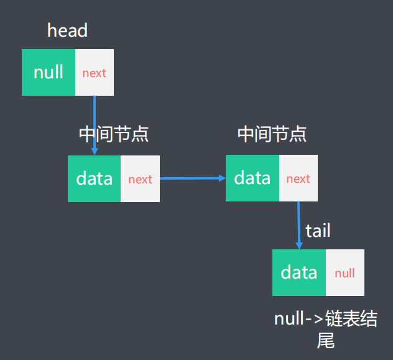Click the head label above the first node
[67, 31]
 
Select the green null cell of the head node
[49, 72]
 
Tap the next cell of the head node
[95, 73]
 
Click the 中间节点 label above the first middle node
[114, 134]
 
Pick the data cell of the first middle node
[94, 179]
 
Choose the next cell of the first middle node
[140, 179]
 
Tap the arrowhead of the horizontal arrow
[222, 178]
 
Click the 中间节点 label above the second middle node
[272, 134]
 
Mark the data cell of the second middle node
[252, 178]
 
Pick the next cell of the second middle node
[298, 178]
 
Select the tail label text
[318, 231]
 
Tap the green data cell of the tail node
[299, 272]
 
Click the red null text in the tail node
[345, 273]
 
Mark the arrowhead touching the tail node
[300, 246]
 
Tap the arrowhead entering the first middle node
[95, 151]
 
